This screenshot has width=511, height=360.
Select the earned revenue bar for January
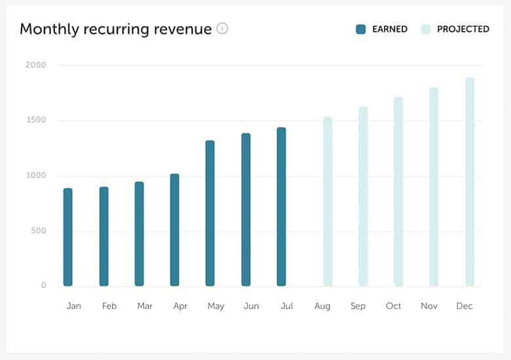click(x=67, y=237)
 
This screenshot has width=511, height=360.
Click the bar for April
click(x=174, y=230)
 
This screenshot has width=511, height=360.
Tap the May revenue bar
click(x=210, y=213)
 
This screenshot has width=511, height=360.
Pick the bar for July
click(x=281, y=207)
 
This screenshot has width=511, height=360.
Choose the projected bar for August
click(x=328, y=202)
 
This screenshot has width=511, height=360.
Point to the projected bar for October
click(x=398, y=192)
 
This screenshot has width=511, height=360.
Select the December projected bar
click(x=470, y=182)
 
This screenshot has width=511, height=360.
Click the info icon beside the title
click(x=223, y=29)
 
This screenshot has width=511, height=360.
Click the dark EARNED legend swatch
click(x=361, y=29)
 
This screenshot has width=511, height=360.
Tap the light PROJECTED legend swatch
click(x=426, y=29)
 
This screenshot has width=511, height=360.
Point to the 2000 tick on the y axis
click(x=36, y=65)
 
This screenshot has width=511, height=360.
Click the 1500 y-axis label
click(x=36, y=120)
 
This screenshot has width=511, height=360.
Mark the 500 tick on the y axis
click(x=39, y=230)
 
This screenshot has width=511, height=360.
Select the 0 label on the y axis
click(x=43, y=285)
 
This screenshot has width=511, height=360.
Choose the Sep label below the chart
click(x=358, y=306)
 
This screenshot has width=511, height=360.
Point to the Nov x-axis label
click(x=429, y=306)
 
